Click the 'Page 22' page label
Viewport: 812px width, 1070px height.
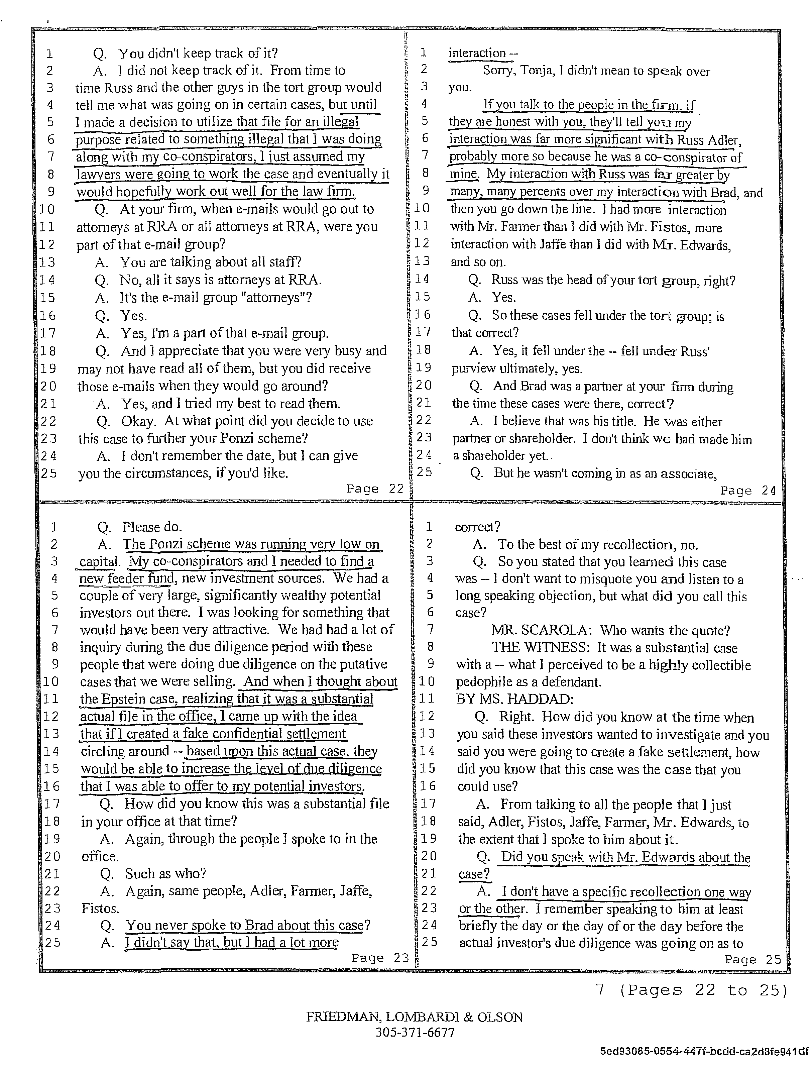(x=375, y=489)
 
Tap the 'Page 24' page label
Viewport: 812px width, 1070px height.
(x=748, y=491)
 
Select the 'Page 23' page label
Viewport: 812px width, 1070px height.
(x=380, y=958)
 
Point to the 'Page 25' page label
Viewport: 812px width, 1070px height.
(x=752, y=960)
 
